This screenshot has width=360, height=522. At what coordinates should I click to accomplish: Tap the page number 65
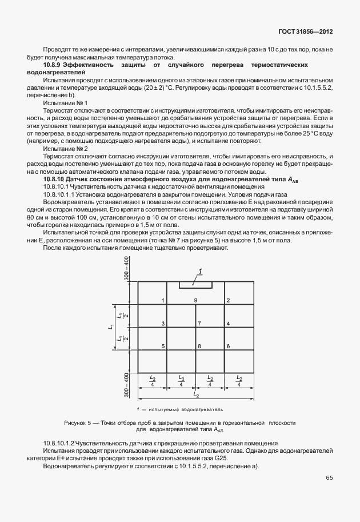(329, 477)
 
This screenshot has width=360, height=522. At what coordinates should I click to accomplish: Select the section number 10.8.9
(54, 66)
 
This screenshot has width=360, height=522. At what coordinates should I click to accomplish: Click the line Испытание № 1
(65, 102)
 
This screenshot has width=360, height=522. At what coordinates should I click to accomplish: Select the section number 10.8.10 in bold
(56, 180)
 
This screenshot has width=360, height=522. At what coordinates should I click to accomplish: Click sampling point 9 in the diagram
(195, 301)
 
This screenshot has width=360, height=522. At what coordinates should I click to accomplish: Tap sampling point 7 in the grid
(199, 324)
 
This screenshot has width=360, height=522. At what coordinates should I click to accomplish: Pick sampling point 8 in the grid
(199, 346)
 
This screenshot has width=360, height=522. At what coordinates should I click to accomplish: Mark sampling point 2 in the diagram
(228, 301)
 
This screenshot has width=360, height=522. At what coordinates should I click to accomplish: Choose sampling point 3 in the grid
(163, 324)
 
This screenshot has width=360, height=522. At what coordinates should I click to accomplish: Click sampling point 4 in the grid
(228, 324)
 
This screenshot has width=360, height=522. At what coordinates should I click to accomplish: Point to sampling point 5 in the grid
(163, 346)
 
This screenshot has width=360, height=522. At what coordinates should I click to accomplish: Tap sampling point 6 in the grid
(228, 346)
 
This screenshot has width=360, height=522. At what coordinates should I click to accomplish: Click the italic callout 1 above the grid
(201, 271)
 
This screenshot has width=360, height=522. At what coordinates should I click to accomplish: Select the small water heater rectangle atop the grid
(195, 284)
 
